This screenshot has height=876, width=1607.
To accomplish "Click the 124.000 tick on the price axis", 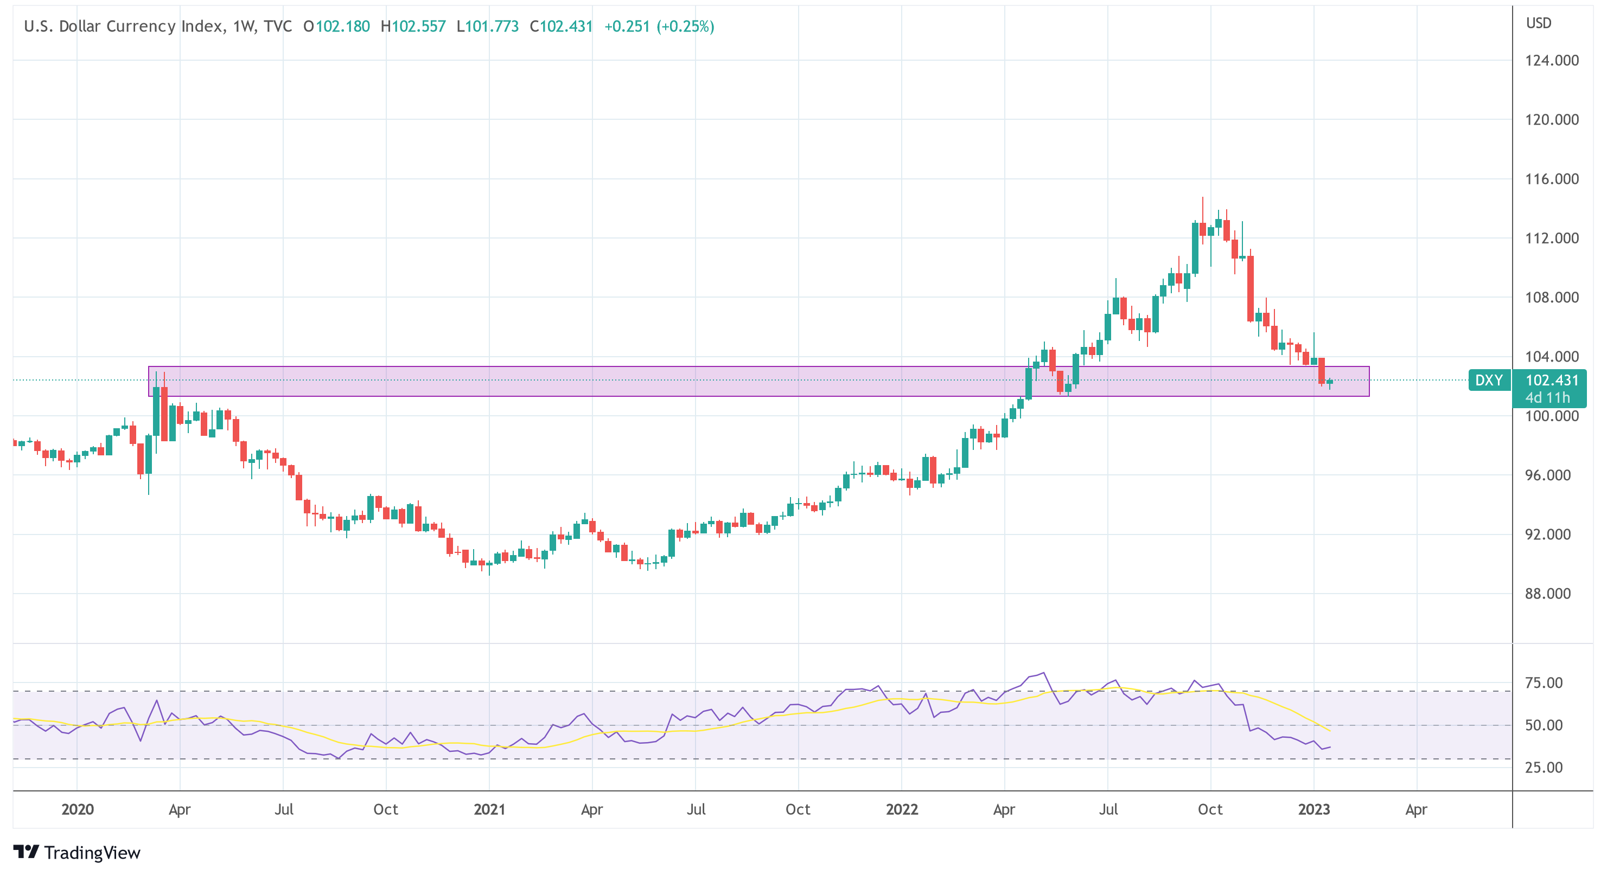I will click(1552, 61).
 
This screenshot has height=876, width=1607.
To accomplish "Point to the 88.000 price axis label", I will click(1548, 594).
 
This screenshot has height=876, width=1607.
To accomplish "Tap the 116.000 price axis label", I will click(1552, 179).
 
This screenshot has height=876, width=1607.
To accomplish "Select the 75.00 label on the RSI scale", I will click(1544, 682).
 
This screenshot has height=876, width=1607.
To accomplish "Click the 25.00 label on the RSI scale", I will click(1544, 768).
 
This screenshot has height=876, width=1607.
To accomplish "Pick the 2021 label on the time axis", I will click(489, 809).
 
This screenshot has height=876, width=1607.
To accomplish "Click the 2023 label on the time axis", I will click(1314, 809).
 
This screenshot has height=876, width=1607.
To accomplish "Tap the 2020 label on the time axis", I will click(78, 809).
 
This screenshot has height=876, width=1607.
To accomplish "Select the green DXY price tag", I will click(1489, 381).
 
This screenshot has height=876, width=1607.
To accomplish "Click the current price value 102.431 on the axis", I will click(1552, 381).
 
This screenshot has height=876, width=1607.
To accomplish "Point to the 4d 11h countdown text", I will click(1547, 398).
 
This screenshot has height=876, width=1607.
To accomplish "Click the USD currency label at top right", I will click(1539, 23).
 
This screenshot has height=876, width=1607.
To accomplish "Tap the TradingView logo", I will click(78, 852).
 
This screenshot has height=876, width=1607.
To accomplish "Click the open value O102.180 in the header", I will click(337, 26).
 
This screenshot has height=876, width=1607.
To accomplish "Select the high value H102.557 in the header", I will click(413, 26).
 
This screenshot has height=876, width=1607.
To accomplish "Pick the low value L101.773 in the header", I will click(488, 26).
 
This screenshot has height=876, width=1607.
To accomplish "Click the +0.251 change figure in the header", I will click(627, 26).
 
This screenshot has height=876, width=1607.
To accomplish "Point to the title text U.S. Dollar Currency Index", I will click(123, 26).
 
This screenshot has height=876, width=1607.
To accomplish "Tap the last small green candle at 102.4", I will click(1329, 382).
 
